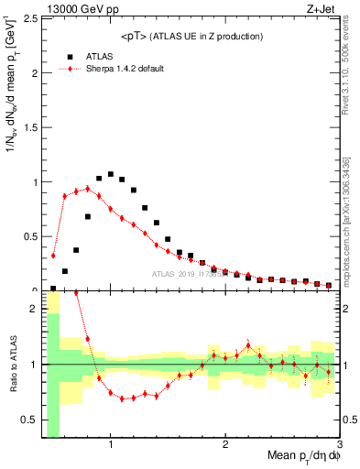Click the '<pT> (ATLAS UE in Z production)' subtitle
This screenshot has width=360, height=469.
(x=191, y=36)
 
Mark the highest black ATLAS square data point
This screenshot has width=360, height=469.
(x=111, y=174)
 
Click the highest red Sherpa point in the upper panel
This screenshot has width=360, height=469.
(x=88, y=189)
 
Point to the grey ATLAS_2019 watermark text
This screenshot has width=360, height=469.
(x=188, y=273)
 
